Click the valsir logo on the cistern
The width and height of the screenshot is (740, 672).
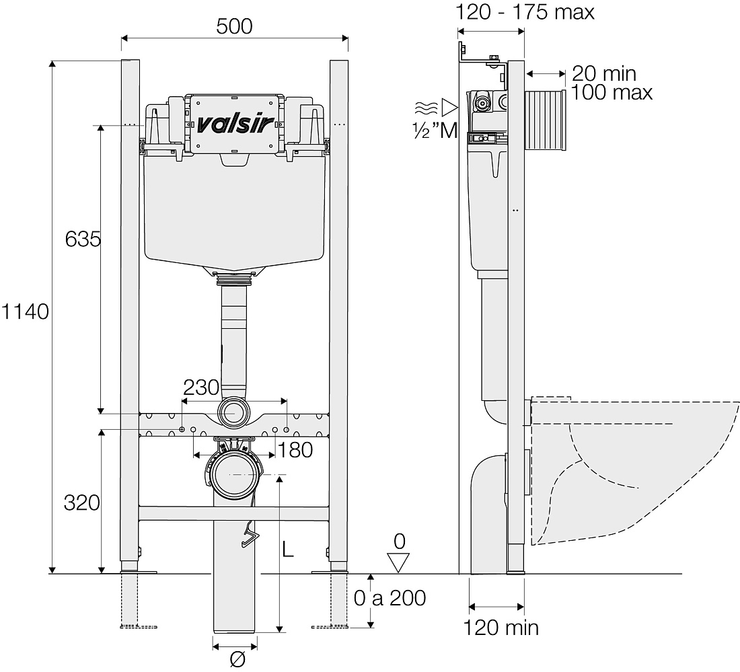pyautogui.click(x=235, y=124)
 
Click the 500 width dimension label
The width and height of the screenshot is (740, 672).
pyautogui.click(x=235, y=26)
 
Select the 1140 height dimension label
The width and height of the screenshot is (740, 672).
pyautogui.click(x=24, y=312)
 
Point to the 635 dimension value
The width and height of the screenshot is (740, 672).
pyautogui.click(x=83, y=239)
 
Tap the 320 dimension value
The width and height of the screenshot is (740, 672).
pyautogui.click(x=81, y=503)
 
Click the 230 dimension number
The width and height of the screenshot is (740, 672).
pyautogui.click(x=201, y=387)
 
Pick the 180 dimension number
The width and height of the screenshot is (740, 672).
pyautogui.click(x=295, y=450)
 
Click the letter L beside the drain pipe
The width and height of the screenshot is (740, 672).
pyautogui.click(x=288, y=549)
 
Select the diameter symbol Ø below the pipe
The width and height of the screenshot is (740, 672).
pyautogui.click(x=237, y=659)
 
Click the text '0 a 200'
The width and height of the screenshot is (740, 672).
pyautogui.click(x=390, y=599)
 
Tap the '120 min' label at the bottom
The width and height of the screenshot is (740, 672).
pyautogui.click(x=501, y=628)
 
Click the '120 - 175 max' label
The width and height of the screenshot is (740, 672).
pyautogui.click(x=525, y=12)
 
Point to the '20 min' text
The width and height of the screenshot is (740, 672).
pyautogui.click(x=604, y=73)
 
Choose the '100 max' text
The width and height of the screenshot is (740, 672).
pyautogui.click(x=612, y=93)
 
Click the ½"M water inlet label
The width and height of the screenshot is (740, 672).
pyautogui.click(x=436, y=130)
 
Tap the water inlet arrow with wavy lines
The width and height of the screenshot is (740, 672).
pyautogui.click(x=436, y=108)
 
